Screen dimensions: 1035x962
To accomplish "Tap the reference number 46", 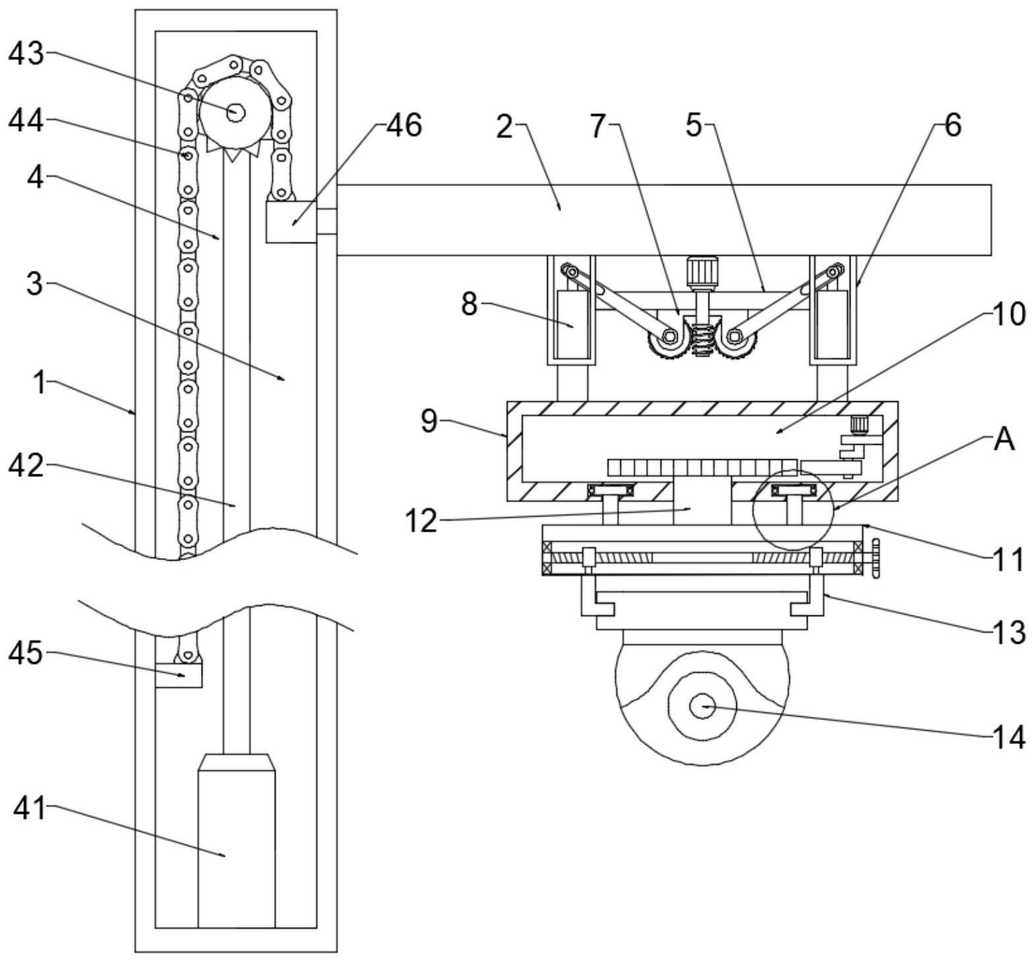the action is [x=403, y=125].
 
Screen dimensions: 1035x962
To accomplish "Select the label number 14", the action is [x=1009, y=737].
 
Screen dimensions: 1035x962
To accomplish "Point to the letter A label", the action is [x=1004, y=440].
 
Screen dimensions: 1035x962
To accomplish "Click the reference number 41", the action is [x=30, y=808].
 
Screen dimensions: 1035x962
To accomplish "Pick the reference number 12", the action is [x=421, y=521].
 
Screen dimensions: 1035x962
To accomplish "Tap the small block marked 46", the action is [x=291, y=222].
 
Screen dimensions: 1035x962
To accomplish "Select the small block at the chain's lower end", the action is [x=179, y=675].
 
